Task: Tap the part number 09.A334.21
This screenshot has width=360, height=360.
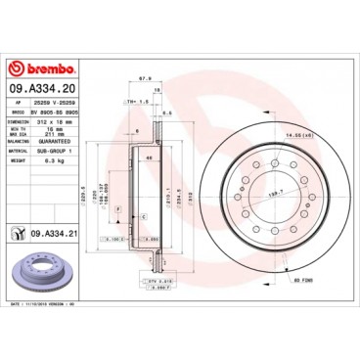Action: click(57, 231)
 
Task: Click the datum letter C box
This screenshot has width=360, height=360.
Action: click(144, 214)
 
